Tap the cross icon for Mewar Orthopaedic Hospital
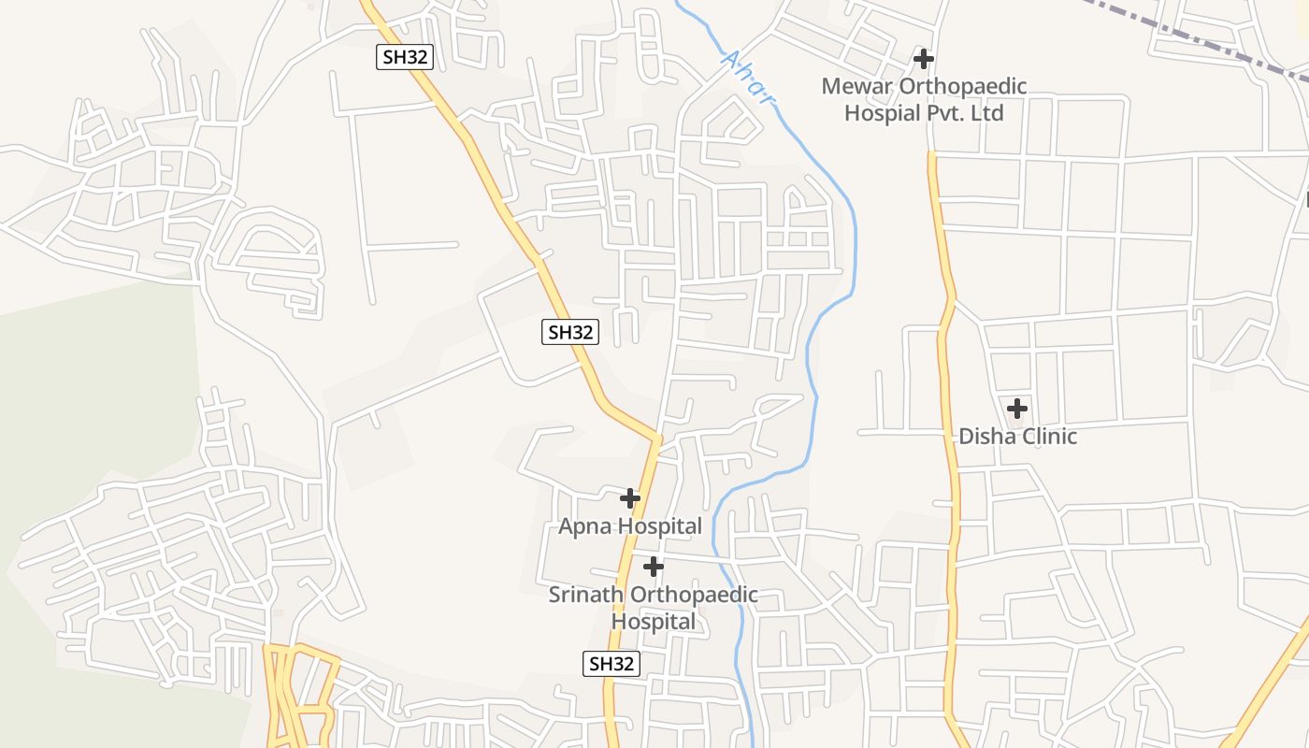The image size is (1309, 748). click(924, 59)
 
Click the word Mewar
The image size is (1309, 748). click(857, 87)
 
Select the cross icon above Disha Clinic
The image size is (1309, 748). click(1017, 409)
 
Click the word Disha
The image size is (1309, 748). click(987, 437)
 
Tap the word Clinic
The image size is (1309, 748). click(1049, 437)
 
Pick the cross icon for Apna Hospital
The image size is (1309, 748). click(630, 498)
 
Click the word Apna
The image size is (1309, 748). click(584, 526)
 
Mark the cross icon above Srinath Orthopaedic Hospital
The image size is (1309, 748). click(654, 567)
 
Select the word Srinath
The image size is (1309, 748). click(586, 595)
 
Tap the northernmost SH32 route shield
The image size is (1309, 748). click(405, 57)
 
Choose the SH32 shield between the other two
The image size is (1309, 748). click(569, 332)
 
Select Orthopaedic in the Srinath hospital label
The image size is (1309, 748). click(694, 595)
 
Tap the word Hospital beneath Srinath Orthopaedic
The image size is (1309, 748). click(654, 622)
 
